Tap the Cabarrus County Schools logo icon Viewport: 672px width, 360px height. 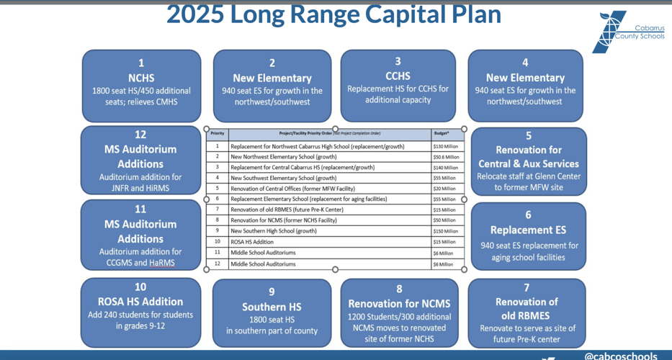tap(609, 32)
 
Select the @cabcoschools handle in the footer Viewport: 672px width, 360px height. tap(620, 356)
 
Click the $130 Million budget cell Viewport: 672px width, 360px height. tap(445, 146)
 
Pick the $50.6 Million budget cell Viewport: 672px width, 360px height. tap(446, 157)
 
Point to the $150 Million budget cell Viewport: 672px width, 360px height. tap(445, 231)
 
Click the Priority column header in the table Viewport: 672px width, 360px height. tap(218, 133)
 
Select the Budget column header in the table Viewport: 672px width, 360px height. tap(442, 133)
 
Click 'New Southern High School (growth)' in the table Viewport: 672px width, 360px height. tap(274, 231)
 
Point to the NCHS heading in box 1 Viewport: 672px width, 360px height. tap(141, 78)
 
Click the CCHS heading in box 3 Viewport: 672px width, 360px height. tap(398, 76)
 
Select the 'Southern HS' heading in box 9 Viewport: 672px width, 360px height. tap(272, 307)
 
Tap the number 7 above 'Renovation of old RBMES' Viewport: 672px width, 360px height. tap(527, 287)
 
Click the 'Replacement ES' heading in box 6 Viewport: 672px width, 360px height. tap(528, 230)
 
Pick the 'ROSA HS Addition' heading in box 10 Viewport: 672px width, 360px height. tap(140, 302)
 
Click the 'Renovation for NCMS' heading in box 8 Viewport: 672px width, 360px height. tap(399, 303)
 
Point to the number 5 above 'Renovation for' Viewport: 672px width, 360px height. tap(529, 136)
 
